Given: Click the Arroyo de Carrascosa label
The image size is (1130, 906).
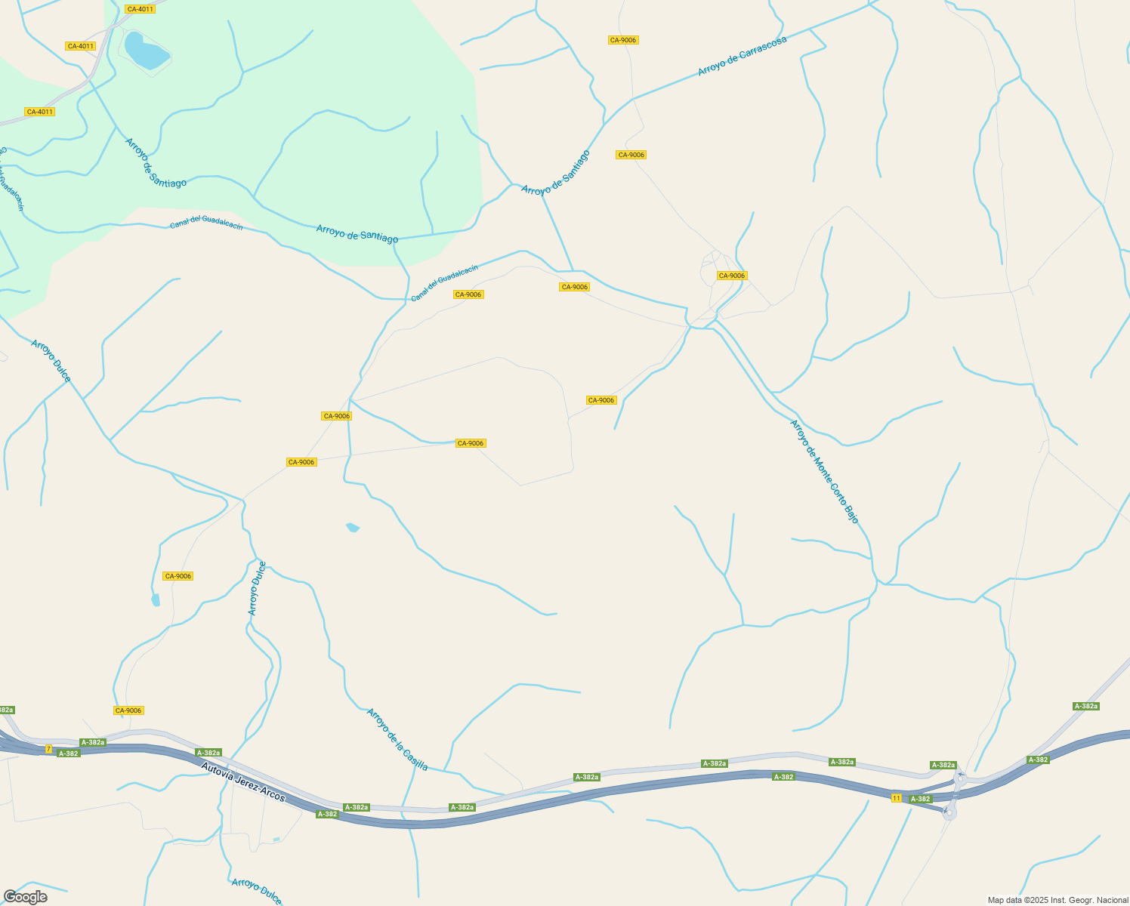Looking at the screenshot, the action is pyautogui.click(x=742, y=56).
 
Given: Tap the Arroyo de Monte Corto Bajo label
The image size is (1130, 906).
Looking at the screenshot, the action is pyautogui.click(x=824, y=471).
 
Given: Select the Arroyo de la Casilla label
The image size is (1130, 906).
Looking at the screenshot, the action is pyautogui.click(x=397, y=739).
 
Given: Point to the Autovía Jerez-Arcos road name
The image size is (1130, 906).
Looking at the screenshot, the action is pyautogui.click(x=243, y=782).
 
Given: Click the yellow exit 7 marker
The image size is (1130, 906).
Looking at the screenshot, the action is pyautogui.click(x=48, y=749).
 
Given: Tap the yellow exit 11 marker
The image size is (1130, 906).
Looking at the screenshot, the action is pyautogui.click(x=896, y=798).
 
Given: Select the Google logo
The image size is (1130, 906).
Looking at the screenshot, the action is pyautogui.click(x=25, y=897).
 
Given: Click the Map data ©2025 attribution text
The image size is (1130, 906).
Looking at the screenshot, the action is pyautogui.click(x=1057, y=900).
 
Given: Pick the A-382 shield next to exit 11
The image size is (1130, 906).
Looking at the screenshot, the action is pyautogui.click(x=920, y=799).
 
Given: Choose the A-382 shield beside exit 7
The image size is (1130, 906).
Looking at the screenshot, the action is pyautogui.click(x=68, y=753).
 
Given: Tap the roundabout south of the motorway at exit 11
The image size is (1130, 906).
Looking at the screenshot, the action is pyautogui.click(x=949, y=812).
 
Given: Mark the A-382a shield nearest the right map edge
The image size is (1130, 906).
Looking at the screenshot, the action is pyautogui.click(x=1085, y=706).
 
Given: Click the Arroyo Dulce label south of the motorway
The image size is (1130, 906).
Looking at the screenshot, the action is pyautogui.click(x=257, y=891).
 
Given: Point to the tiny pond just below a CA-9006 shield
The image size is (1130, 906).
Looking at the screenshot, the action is pyautogui.click(x=156, y=600).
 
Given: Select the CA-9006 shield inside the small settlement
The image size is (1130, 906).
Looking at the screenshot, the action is pyautogui.click(x=731, y=276).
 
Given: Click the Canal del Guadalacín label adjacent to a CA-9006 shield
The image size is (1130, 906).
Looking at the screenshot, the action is pyautogui.click(x=444, y=283).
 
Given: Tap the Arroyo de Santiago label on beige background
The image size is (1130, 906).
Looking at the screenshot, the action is pyautogui.click(x=555, y=173).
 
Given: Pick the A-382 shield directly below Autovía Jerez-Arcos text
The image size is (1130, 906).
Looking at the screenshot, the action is pyautogui.click(x=327, y=814).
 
